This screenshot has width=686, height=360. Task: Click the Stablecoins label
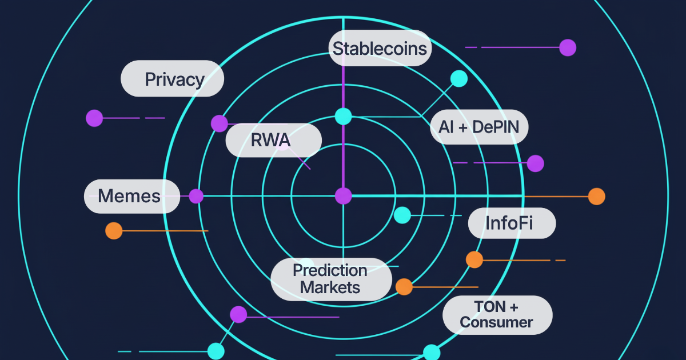click(380, 49)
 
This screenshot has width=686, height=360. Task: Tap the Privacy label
click(172, 79)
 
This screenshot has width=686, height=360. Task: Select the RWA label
click(273, 140)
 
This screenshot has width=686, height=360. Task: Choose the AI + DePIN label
click(478, 127)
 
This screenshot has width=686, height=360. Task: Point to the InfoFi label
click(512, 223)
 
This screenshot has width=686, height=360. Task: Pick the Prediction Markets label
click(330, 279)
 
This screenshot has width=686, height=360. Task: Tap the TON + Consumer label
click(497, 315)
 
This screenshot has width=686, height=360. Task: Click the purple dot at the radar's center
click(343, 196)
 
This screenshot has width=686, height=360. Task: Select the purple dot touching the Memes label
click(196, 196)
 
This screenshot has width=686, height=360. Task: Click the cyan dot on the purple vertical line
click(343, 117)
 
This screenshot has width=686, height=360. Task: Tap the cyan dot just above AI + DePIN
click(458, 79)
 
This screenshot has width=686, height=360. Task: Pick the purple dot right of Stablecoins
click(567, 47)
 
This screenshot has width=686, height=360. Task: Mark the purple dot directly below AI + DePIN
click(535, 163)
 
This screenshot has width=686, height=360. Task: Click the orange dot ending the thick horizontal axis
click(596, 197)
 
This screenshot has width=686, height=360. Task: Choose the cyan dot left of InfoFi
click(402, 215)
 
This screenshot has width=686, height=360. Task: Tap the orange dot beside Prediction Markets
click(404, 287)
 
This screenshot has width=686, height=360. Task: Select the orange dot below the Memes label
click(114, 231)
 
